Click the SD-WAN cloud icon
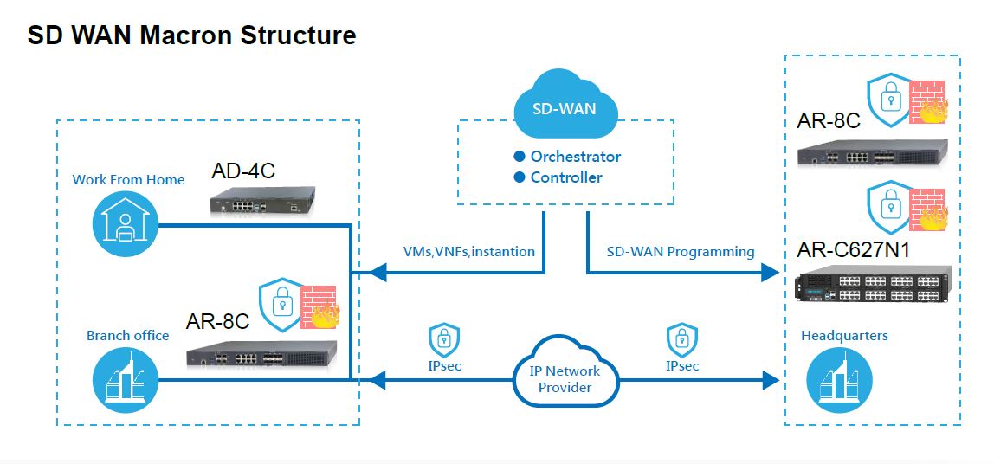tap(566, 106)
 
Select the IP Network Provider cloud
tap(565, 378)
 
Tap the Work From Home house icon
tap(126, 223)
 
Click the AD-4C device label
tap(243, 171)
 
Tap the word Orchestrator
tap(575, 157)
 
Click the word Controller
tap(566, 177)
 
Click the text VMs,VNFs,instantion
tap(468, 251)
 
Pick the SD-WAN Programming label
tap(680, 251)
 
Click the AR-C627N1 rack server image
tap(873, 283)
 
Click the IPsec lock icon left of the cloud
tap(443, 341)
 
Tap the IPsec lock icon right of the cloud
tap(681, 341)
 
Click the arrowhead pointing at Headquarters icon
tap(770, 379)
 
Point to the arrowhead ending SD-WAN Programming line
tap(770, 274)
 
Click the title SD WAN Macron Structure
tap(191, 35)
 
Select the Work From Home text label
tap(128, 180)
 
